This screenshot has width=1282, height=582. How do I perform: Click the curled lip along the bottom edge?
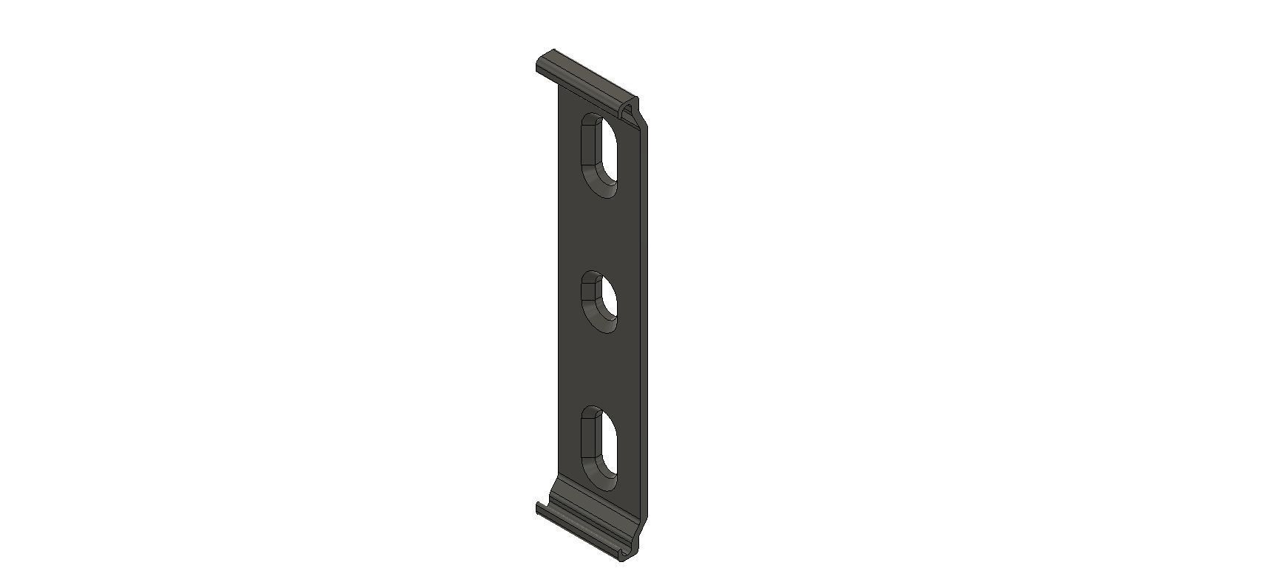584,530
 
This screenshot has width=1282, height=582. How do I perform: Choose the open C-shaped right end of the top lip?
629,110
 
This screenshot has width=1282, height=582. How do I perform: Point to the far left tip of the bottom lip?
538,507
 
